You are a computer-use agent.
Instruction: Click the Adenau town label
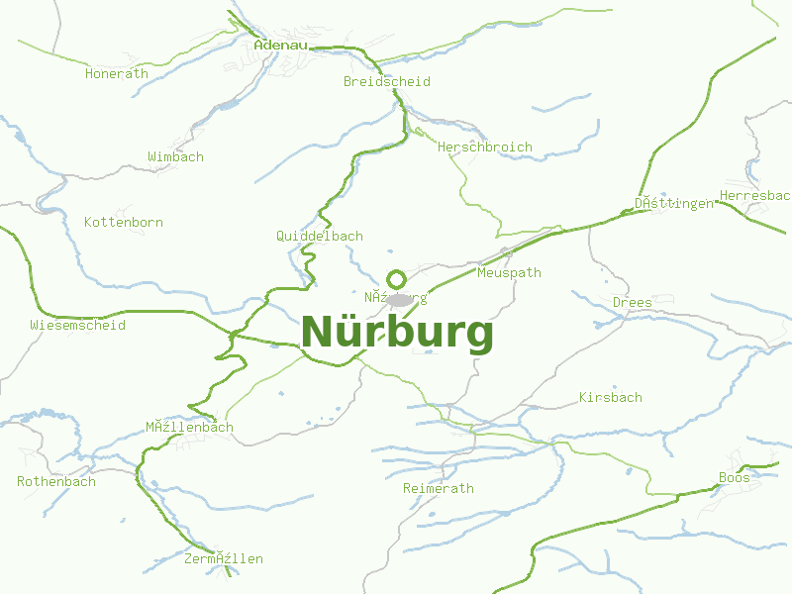pyautogui.click(x=281, y=45)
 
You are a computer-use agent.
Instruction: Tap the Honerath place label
pyautogui.click(x=117, y=73)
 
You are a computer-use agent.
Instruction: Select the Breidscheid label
pyautogui.click(x=387, y=81)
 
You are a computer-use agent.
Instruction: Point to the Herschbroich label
pyautogui.click(x=485, y=147)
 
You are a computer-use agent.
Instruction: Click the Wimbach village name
pyautogui.click(x=175, y=156)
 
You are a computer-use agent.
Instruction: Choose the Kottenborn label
pyautogui.click(x=124, y=222)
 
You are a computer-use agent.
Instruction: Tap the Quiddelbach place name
pyautogui.click(x=320, y=236)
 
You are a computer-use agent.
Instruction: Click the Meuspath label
pyautogui.click(x=509, y=272)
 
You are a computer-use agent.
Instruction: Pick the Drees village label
pyautogui.click(x=633, y=302)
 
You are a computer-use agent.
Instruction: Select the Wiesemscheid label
pyautogui.click(x=78, y=325)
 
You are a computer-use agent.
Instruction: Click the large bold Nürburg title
pyautogui.click(x=397, y=333)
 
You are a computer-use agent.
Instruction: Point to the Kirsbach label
pyautogui.click(x=611, y=397)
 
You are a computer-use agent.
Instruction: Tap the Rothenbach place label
pyautogui.click(x=56, y=481)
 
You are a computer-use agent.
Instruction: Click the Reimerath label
pyautogui.click(x=439, y=488)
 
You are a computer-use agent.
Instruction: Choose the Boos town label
pyautogui.click(x=735, y=477)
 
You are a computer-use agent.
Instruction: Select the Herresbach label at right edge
pyautogui.click(x=755, y=195)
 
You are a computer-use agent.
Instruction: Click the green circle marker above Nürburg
pyautogui.click(x=396, y=279)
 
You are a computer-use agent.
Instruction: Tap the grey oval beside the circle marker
pyautogui.click(x=400, y=299)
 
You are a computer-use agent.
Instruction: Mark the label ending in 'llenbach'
pyautogui.click(x=190, y=427)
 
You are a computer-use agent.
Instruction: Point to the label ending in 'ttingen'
pyautogui.click(x=674, y=203)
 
